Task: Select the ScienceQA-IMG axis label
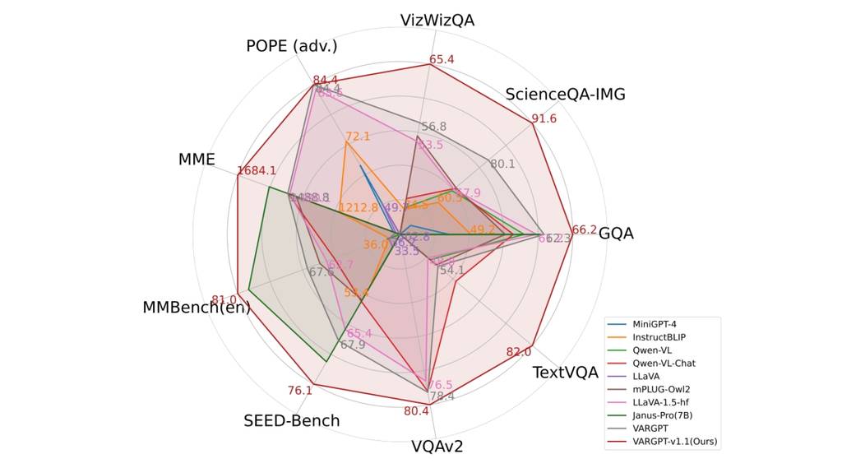[x=565, y=94]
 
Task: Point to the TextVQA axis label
[x=565, y=373]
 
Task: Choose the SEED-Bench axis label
[x=291, y=421]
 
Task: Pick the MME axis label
[x=197, y=160]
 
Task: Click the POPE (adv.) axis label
[x=291, y=46]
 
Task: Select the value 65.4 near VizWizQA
[x=442, y=59]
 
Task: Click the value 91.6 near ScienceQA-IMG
[x=544, y=118]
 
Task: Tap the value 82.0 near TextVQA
[x=519, y=352]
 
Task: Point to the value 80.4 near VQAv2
[x=416, y=411]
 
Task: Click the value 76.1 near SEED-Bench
[x=300, y=390]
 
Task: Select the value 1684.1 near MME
[x=257, y=170]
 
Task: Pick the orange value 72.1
[x=358, y=136]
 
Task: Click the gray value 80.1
[x=502, y=164]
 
